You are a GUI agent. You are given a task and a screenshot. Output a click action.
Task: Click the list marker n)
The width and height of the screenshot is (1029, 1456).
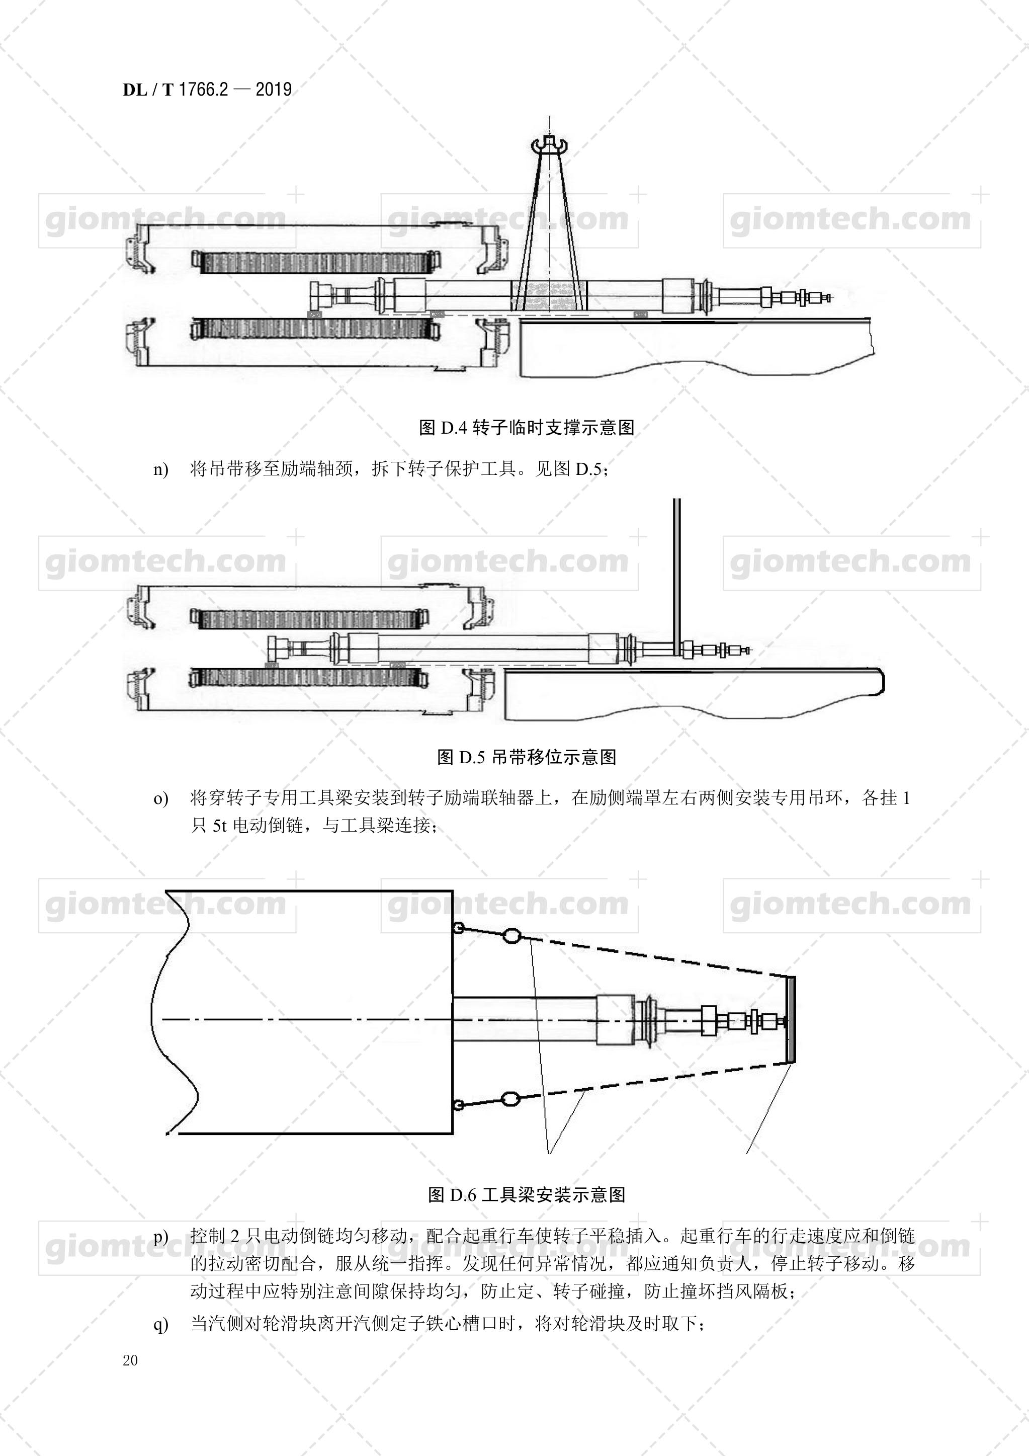161,470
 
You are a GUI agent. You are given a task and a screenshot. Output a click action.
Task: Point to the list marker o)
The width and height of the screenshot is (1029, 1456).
161,798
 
